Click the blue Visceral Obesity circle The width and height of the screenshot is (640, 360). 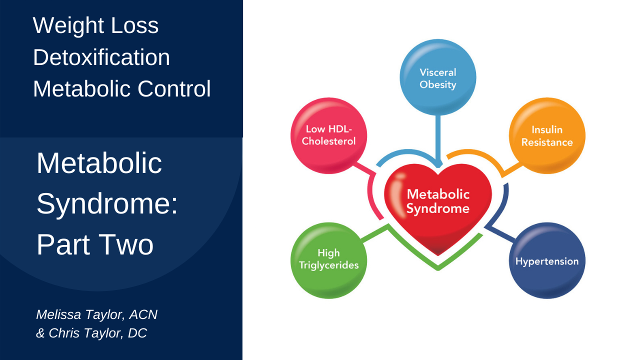point(438,77)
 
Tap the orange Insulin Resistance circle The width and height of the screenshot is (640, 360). point(547,135)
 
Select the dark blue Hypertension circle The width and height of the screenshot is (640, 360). point(547,260)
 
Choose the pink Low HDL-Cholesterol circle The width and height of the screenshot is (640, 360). point(328,135)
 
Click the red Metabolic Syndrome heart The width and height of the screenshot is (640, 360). point(438,210)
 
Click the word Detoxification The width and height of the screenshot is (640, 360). point(101,57)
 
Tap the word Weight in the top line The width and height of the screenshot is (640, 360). point(62,25)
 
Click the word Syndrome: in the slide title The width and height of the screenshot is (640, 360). point(107,203)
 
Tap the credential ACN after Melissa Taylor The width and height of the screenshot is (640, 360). point(143,314)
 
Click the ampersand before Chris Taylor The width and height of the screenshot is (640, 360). point(40,333)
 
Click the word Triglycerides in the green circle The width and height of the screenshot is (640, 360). point(328,265)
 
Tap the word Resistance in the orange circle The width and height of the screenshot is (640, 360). point(547,142)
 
